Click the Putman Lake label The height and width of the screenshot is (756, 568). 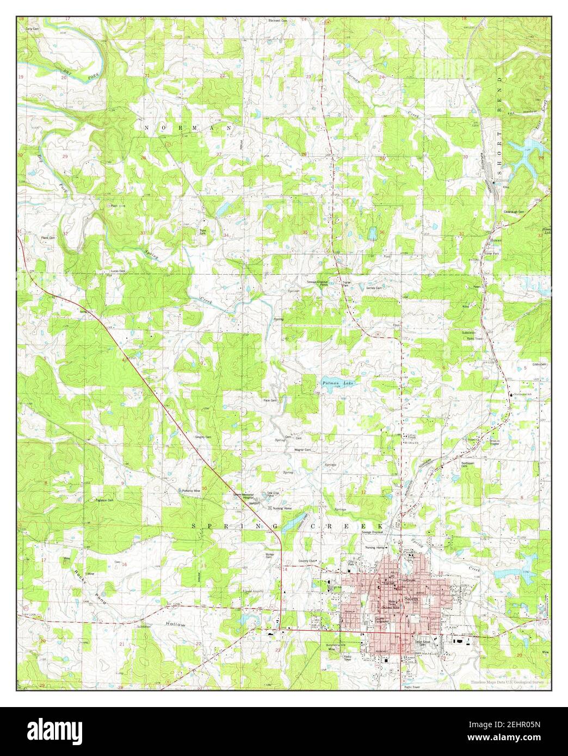coord(337,383)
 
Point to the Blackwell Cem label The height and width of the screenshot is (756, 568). coord(277,21)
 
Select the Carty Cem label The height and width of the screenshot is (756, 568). coord(32,28)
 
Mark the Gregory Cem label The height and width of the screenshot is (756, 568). coord(203,437)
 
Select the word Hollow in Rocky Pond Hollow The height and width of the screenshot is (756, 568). coord(176,625)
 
